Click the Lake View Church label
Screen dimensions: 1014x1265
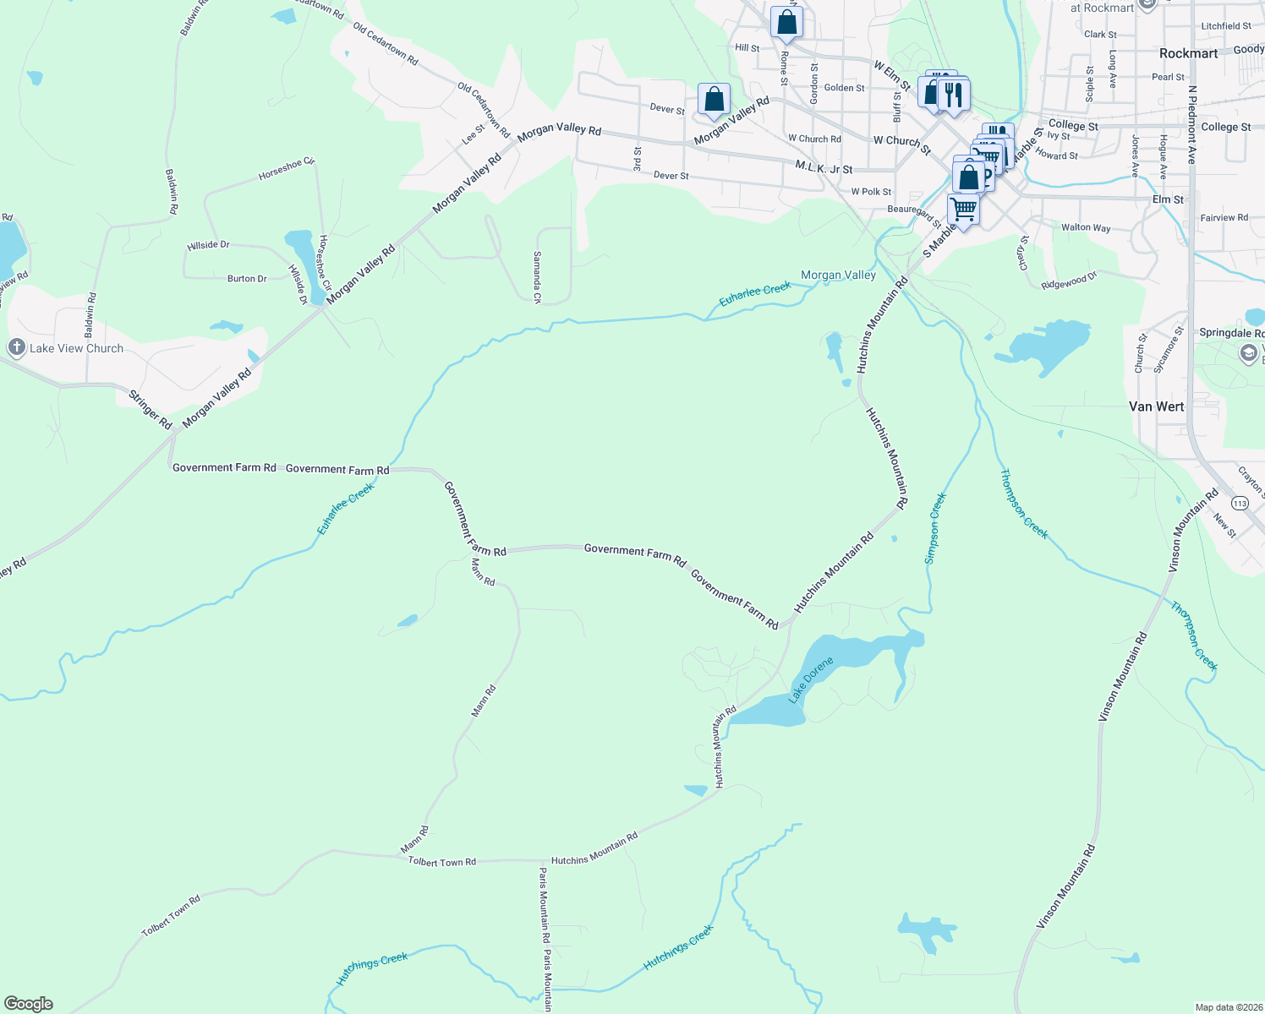(x=76, y=348)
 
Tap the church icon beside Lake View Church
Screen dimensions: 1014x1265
(x=16, y=347)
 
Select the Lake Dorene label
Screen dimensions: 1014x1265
(x=810, y=679)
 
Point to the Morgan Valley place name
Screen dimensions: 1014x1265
(x=838, y=275)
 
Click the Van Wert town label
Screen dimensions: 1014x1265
(x=1156, y=406)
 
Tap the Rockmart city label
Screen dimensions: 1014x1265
(x=1188, y=53)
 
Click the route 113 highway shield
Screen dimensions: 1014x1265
(x=1240, y=503)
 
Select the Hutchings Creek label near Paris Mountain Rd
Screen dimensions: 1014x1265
(x=678, y=946)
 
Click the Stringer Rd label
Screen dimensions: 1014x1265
(x=151, y=409)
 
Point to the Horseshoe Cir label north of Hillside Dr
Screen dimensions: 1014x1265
(x=286, y=167)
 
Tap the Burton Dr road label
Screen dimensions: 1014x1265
(x=247, y=278)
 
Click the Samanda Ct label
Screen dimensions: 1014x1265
(x=537, y=276)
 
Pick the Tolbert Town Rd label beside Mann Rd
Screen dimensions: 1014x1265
(x=441, y=862)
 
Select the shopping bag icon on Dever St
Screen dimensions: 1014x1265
(x=714, y=99)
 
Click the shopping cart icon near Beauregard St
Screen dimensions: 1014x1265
(x=962, y=208)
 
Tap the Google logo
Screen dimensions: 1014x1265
(x=29, y=1004)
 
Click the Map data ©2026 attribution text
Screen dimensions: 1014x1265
(x=1228, y=1007)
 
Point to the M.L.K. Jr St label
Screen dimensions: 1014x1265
(x=824, y=168)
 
